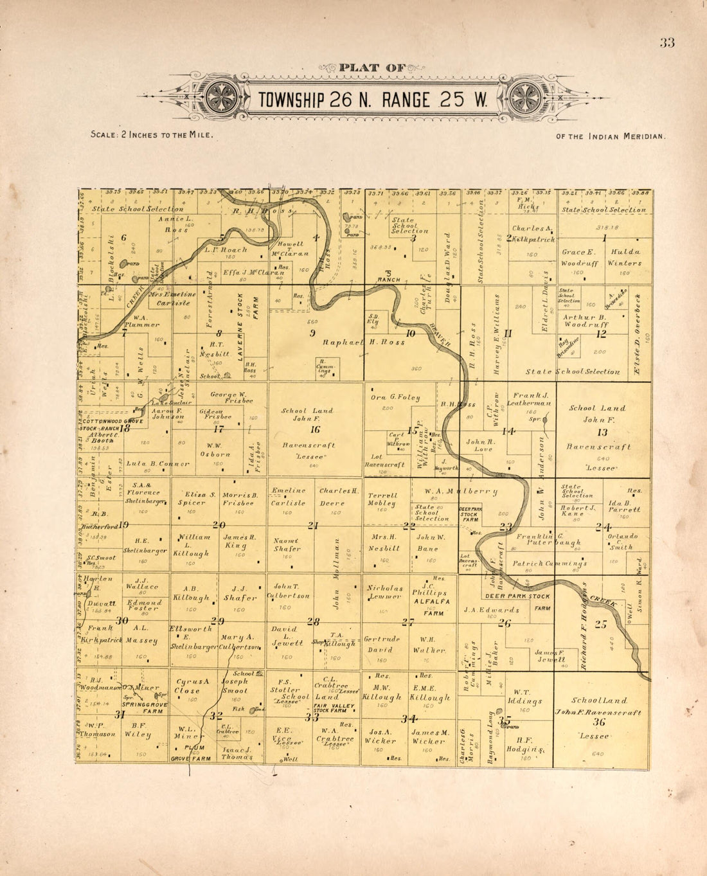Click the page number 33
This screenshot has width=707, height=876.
click(667, 43)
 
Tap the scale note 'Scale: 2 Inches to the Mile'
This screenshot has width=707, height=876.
click(152, 135)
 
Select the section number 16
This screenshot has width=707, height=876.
click(315, 429)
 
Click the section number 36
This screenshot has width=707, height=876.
click(600, 721)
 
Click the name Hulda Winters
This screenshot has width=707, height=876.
click(626, 257)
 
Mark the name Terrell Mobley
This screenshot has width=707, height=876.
click(382, 499)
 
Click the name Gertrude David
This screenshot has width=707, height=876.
click(383, 644)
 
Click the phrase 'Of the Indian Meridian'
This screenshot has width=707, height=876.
click(611, 136)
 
